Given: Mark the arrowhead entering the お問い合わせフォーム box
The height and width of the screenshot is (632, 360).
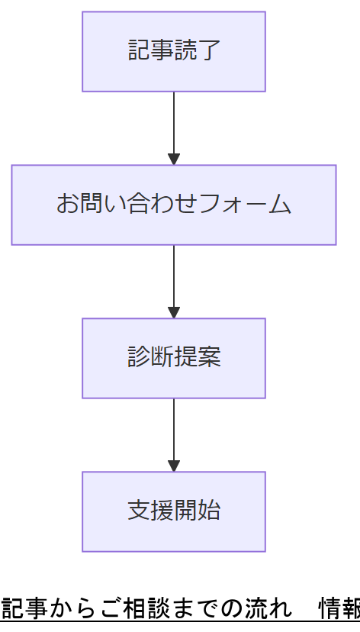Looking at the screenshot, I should coord(174,159).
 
